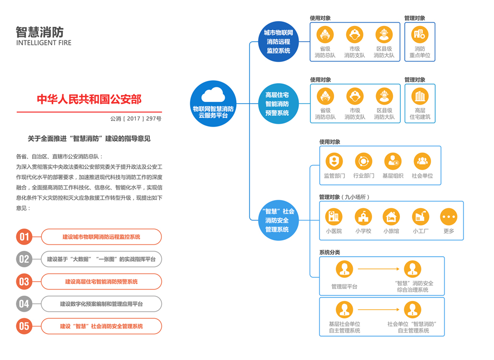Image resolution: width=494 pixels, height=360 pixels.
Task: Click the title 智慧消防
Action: click(40, 32)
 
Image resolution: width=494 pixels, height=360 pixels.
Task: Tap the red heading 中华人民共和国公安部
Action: click(89, 99)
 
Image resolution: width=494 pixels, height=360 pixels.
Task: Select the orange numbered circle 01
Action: click(24, 237)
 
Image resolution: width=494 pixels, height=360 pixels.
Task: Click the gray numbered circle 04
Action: click(24, 304)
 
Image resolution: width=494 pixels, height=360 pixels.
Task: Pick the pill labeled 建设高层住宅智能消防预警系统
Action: click(101, 282)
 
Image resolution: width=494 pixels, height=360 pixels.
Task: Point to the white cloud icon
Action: click(213, 95)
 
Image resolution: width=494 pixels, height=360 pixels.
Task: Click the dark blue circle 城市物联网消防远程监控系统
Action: click(278, 42)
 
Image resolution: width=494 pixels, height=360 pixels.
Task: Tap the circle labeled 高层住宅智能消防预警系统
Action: click(277, 104)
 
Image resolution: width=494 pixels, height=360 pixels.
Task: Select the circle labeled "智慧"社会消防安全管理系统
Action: click(277, 220)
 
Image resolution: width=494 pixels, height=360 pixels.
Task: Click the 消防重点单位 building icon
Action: click(420, 35)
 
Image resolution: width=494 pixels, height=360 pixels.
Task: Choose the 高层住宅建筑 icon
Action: click(420, 96)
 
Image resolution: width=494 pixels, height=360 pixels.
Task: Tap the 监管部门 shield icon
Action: click(334, 161)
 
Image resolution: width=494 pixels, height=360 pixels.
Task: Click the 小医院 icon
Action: click(334, 216)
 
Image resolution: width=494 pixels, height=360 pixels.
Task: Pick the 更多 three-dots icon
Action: click(448, 216)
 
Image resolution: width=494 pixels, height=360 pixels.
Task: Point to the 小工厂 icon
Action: click(421, 216)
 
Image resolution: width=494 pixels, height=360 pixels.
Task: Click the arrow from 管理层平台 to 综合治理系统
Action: click(379, 269)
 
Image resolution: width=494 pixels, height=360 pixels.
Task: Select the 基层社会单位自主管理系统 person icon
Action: click(344, 310)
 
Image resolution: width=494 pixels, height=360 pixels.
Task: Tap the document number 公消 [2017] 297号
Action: click(136, 119)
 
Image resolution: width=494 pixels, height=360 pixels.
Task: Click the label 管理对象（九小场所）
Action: click(344, 197)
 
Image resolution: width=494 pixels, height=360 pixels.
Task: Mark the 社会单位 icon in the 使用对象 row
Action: click(422, 161)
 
